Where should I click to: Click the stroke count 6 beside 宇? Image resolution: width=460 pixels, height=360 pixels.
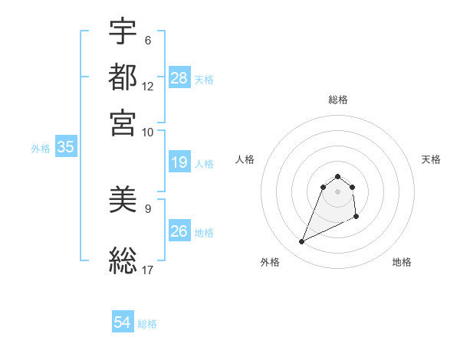(x=148, y=41)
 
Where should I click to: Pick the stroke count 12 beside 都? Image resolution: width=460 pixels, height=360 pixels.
(x=148, y=87)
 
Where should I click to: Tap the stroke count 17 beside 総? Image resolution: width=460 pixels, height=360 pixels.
(x=148, y=270)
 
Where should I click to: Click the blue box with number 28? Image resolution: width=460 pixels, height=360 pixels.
(x=179, y=78)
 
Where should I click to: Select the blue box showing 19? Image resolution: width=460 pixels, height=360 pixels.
(x=179, y=162)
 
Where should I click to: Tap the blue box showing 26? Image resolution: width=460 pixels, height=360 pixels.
(x=179, y=231)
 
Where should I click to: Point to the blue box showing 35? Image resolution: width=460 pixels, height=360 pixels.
(x=65, y=148)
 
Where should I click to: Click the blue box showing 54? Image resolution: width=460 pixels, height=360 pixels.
(x=123, y=323)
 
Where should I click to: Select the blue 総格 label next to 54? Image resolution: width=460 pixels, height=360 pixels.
(x=147, y=324)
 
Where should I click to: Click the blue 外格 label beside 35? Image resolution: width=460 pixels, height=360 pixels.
(x=40, y=149)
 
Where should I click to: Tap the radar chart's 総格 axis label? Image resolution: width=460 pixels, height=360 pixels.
(x=338, y=100)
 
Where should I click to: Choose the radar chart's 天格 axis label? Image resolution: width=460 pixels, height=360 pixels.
(x=431, y=159)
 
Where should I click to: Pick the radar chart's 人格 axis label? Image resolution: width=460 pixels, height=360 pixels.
(x=245, y=159)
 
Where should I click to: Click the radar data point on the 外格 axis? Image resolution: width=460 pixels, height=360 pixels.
(x=301, y=242)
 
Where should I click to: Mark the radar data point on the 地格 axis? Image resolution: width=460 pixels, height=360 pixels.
(x=357, y=218)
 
